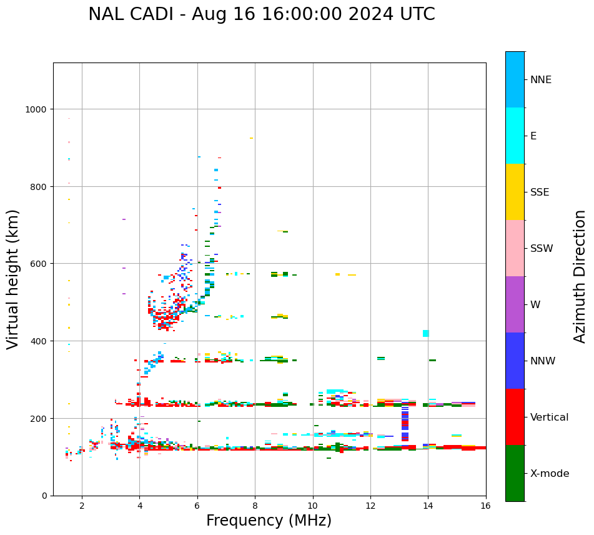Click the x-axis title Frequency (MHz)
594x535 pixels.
(x=269, y=521)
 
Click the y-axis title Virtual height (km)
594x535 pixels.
(x=13, y=279)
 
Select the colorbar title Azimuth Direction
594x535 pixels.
(x=580, y=276)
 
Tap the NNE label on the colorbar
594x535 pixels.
(x=541, y=79)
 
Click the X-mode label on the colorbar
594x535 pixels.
(x=550, y=474)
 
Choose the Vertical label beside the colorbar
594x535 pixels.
(x=550, y=417)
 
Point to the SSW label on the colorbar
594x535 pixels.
(x=542, y=248)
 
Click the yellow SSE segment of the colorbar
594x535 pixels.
(x=515, y=192)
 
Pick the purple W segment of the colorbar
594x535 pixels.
(x=515, y=304)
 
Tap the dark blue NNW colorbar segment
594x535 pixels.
(x=515, y=361)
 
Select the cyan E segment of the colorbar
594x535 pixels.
(x=515, y=136)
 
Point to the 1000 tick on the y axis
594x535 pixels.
(x=36, y=109)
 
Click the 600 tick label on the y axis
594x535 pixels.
(x=39, y=264)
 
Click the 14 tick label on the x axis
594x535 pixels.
(x=428, y=507)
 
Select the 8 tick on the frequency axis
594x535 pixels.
(x=255, y=507)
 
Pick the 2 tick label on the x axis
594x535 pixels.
(x=82, y=507)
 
